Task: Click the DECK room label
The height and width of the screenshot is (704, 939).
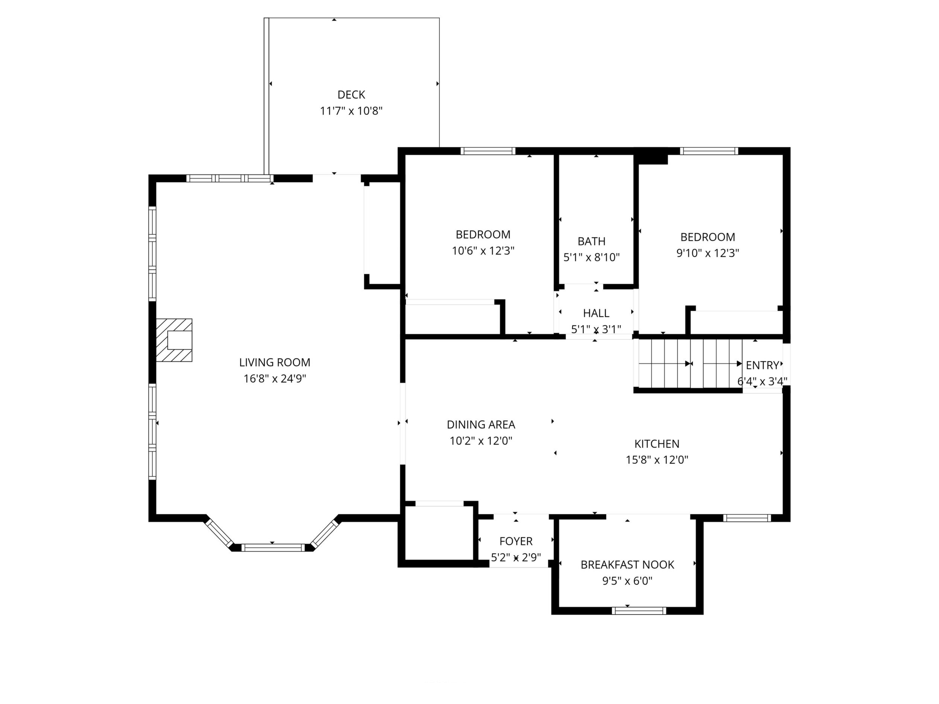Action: pyautogui.click(x=351, y=95)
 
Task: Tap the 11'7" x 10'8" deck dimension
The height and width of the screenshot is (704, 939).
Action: pyautogui.click(x=351, y=111)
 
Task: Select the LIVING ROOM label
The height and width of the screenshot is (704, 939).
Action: pyautogui.click(x=275, y=363)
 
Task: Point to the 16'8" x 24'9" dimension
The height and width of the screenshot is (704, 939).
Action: pyautogui.click(x=275, y=379)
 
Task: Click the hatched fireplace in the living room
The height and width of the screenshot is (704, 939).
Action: pyautogui.click(x=174, y=340)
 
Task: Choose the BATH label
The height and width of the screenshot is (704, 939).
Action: pyautogui.click(x=591, y=241)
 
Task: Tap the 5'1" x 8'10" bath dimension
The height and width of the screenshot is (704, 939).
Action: pyautogui.click(x=591, y=258)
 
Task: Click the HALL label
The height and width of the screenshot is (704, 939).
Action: pyautogui.click(x=596, y=313)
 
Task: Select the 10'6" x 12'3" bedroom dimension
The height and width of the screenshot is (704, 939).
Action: pyautogui.click(x=483, y=251)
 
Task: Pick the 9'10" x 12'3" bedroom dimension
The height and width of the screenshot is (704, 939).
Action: pyautogui.click(x=708, y=253)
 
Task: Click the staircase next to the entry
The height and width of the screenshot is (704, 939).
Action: pyautogui.click(x=690, y=364)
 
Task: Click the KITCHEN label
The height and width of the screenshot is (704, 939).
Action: pyautogui.click(x=657, y=444)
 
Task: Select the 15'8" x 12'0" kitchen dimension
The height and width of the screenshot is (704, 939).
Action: pyautogui.click(x=657, y=460)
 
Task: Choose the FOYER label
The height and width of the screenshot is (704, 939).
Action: pyautogui.click(x=516, y=541)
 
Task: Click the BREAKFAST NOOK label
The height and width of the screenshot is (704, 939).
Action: pyautogui.click(x=628, y=565)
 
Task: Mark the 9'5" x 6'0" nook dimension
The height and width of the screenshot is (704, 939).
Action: pyautogui.click(x=628, y=581)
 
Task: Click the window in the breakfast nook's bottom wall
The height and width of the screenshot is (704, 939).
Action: pyautogui.click(x=639, y=611)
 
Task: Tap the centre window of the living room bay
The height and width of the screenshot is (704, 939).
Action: pyautogui.click(x=273, y=548)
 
